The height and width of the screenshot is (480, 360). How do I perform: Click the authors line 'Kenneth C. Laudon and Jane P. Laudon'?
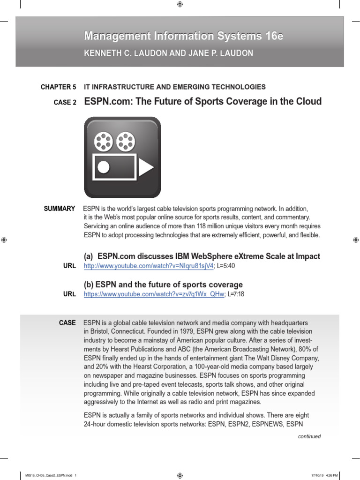coord(168,53)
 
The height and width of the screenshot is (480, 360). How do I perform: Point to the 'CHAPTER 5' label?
coord(58,87)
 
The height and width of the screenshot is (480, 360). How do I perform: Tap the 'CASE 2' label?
coord(65,102)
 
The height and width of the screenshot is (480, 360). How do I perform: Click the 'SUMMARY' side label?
coord(60,209)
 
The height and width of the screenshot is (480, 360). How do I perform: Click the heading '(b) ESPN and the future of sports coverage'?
coord(163,285)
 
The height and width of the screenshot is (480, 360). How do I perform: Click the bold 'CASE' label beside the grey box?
coord(67,323)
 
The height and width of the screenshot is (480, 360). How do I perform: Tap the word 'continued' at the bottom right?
coord(309,436)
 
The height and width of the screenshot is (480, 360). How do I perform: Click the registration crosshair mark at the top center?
coord(180,4)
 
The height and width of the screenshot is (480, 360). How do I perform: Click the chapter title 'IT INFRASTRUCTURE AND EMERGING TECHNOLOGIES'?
coord(174,87)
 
